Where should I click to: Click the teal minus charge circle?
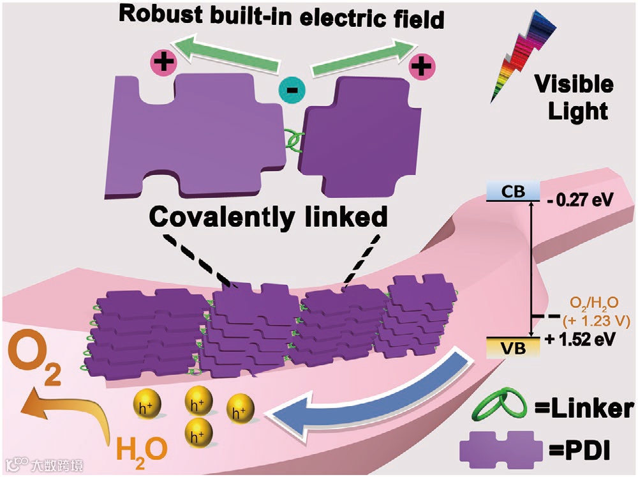click(292, 90)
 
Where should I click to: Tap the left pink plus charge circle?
click(164, 64)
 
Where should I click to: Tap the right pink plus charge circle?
click(422, 64)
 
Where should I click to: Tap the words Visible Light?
click(572, 98)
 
